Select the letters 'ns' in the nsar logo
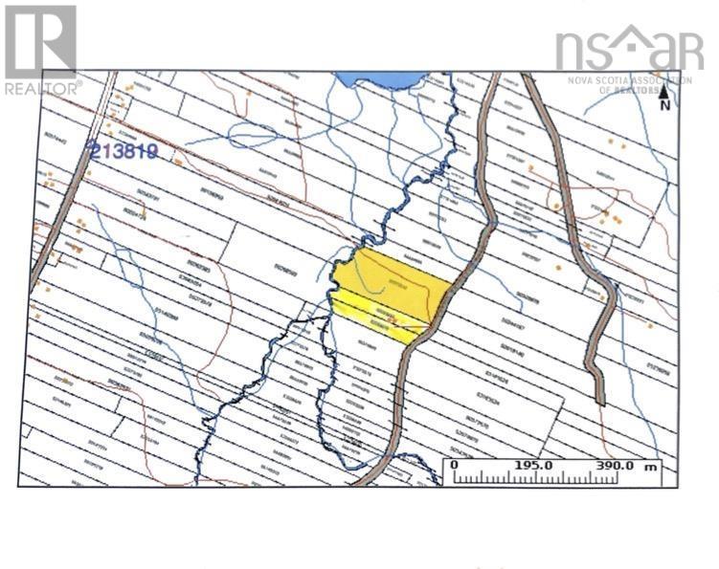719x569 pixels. coord(584,49)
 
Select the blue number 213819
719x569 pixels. coord(122,150)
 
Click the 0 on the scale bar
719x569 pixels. coord(455,465)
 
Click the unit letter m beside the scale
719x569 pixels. coord(651,466)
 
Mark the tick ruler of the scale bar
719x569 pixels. coord(546,476)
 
